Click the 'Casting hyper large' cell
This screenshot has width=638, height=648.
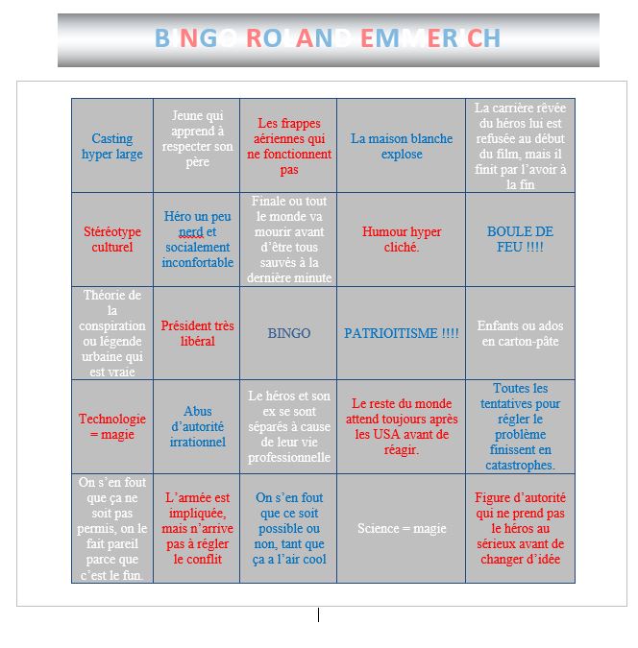pos(112,146)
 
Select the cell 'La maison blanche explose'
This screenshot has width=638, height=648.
pos(402,146)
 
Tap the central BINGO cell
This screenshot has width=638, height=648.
pos(289,333)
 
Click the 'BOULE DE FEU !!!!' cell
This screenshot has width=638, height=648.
pos(521,239)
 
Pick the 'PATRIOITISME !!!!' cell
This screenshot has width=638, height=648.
pos(402,333)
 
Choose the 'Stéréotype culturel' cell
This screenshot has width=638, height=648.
pos(112,239)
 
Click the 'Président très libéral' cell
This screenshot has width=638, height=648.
pos(197,333)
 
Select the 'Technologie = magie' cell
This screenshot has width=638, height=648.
pos(112,426)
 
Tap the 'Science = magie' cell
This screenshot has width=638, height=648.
pos(402,528)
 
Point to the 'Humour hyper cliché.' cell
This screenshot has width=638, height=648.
pos(402,239)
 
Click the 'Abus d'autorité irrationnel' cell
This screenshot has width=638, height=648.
pos(197,426)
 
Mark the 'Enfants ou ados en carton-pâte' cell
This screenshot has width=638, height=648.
pos(521,333)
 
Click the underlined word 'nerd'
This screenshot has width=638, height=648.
pos(190,231)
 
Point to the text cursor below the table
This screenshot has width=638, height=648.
pos(318,614)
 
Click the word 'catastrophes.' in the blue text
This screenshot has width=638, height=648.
pos(521,465)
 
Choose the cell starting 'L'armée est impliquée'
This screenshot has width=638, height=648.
pos(197,528)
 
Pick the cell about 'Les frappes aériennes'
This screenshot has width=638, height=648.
pos(289,146)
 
